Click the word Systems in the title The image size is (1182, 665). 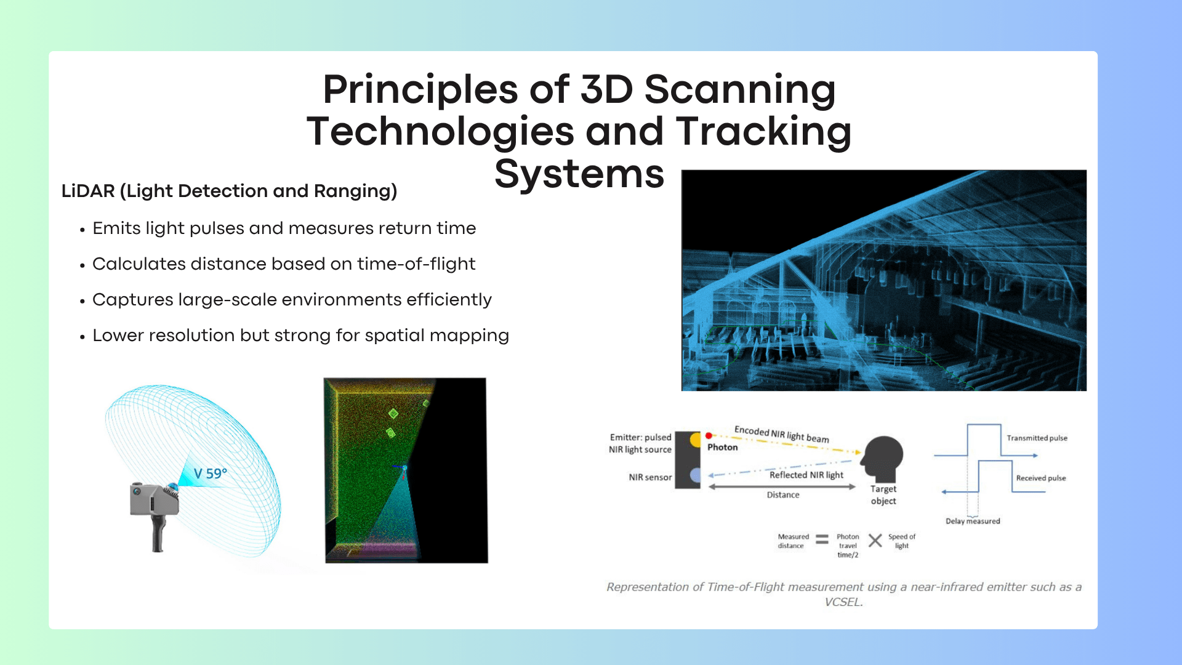coord(579,174)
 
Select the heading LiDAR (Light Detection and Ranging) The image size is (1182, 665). coord(229,191)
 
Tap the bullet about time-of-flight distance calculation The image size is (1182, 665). coord(284,264)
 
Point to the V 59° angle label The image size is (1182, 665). coord(211,474)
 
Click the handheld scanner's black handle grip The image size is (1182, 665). coord(158,533)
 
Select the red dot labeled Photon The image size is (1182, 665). coord(709,435)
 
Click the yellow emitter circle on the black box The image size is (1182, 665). coord(696,440)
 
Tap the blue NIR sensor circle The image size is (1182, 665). coord(696,475)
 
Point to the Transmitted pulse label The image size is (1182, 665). coord(1037,438)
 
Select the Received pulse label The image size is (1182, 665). coord(1041,478)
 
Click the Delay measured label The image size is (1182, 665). coord(973,521)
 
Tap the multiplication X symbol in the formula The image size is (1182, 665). coord(875,541)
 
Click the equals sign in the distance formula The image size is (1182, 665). coord(822,540)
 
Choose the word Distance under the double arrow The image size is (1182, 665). coord(783,494)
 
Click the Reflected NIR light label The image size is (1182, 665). coord(806,475)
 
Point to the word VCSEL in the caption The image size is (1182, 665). coord(843,602)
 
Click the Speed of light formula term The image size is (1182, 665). coord(902,541)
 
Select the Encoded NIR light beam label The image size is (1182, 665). coord(782,434)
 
